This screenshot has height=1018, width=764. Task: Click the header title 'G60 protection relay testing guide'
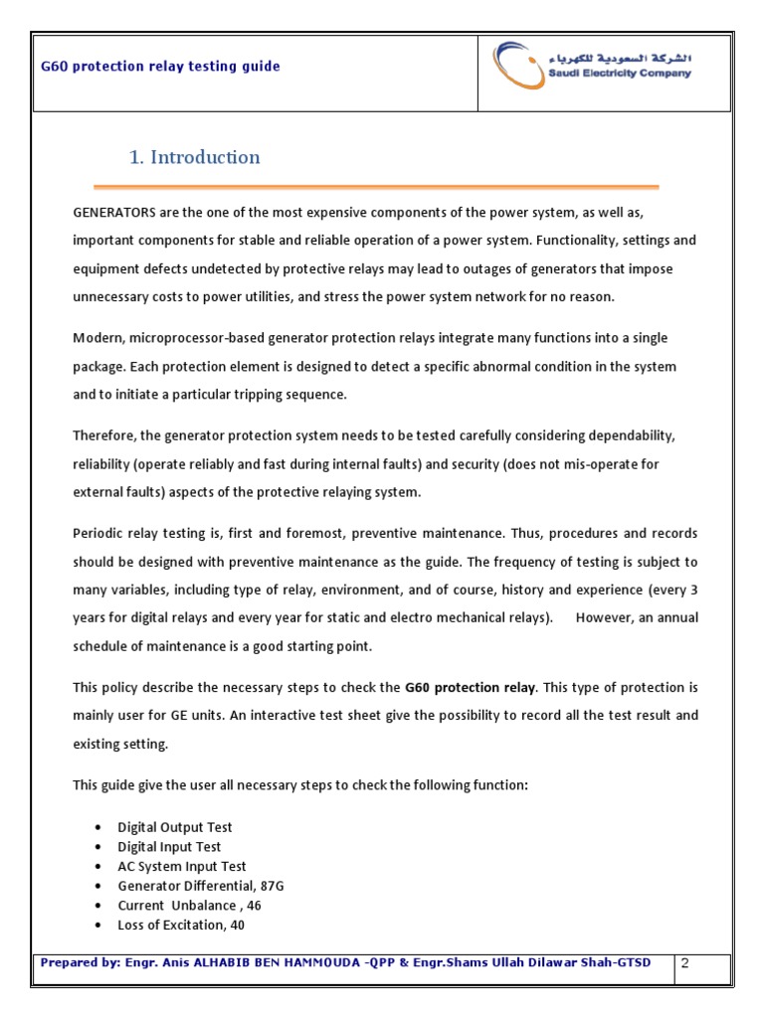160,67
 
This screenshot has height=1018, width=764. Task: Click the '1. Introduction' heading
195,157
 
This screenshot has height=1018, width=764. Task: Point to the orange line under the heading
376,187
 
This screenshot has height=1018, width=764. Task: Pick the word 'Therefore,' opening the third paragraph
104,436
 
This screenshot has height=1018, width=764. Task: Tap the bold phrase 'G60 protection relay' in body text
471,687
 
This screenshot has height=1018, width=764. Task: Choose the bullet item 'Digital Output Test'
175,827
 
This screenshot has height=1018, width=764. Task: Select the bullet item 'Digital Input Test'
170,847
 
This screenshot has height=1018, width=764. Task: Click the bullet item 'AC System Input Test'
182,866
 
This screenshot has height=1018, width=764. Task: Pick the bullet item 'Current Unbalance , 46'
190,906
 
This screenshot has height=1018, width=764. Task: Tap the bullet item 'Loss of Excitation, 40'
181,925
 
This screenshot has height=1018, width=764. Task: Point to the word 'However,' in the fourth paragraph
604,617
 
